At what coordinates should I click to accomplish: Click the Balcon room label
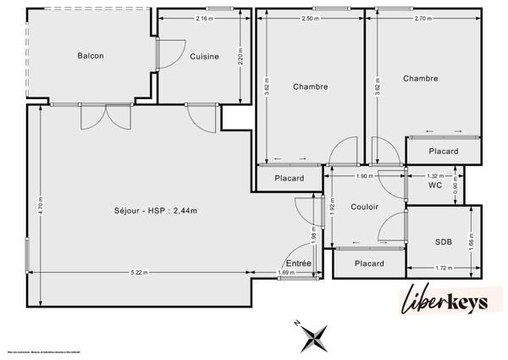coord(91,56)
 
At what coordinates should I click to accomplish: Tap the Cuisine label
coord(204,57)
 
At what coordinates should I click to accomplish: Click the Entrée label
coord(298,263)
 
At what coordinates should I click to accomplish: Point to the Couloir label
coord(364,207)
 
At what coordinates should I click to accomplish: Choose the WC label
coord(435,185)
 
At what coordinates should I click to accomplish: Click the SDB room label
coord(444,241)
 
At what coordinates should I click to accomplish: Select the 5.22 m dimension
coord(140,273)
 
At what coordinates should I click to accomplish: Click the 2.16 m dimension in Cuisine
coord(203,18)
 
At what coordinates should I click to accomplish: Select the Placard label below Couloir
coord(369,263)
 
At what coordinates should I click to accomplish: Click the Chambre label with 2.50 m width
coord(311,86)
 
